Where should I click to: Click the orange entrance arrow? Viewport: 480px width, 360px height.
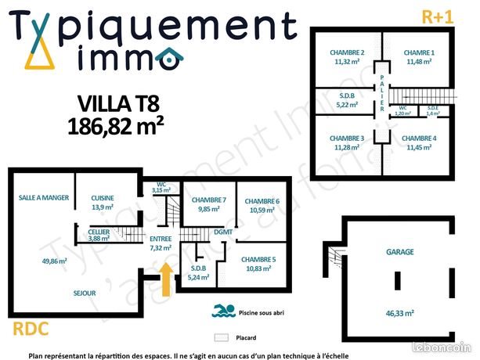point(165,279)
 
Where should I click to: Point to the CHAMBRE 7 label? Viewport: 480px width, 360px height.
point(209,200)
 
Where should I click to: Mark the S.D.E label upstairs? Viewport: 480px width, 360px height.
point(432,107)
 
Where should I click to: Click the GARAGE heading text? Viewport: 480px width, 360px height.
point(400,252)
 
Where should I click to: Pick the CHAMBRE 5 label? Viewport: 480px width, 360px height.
point(258,259)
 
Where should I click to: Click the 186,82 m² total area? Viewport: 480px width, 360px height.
point(115,125)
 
